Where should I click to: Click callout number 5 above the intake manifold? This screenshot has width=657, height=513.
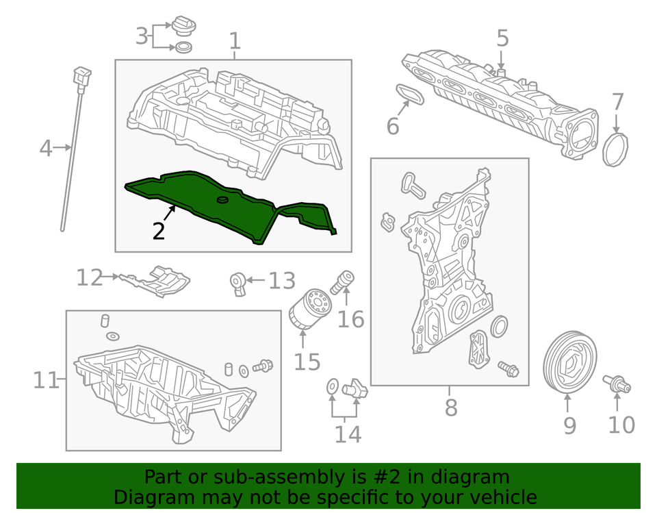click(x=502, y=38)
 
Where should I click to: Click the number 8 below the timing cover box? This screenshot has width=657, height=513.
click(x=450, y=408)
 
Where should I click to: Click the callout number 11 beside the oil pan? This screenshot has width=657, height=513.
click(x=47, y=379)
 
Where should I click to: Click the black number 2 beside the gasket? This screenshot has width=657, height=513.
click(x=159, y=232)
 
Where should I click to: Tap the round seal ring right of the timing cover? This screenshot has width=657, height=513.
click(x=500, y=327)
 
